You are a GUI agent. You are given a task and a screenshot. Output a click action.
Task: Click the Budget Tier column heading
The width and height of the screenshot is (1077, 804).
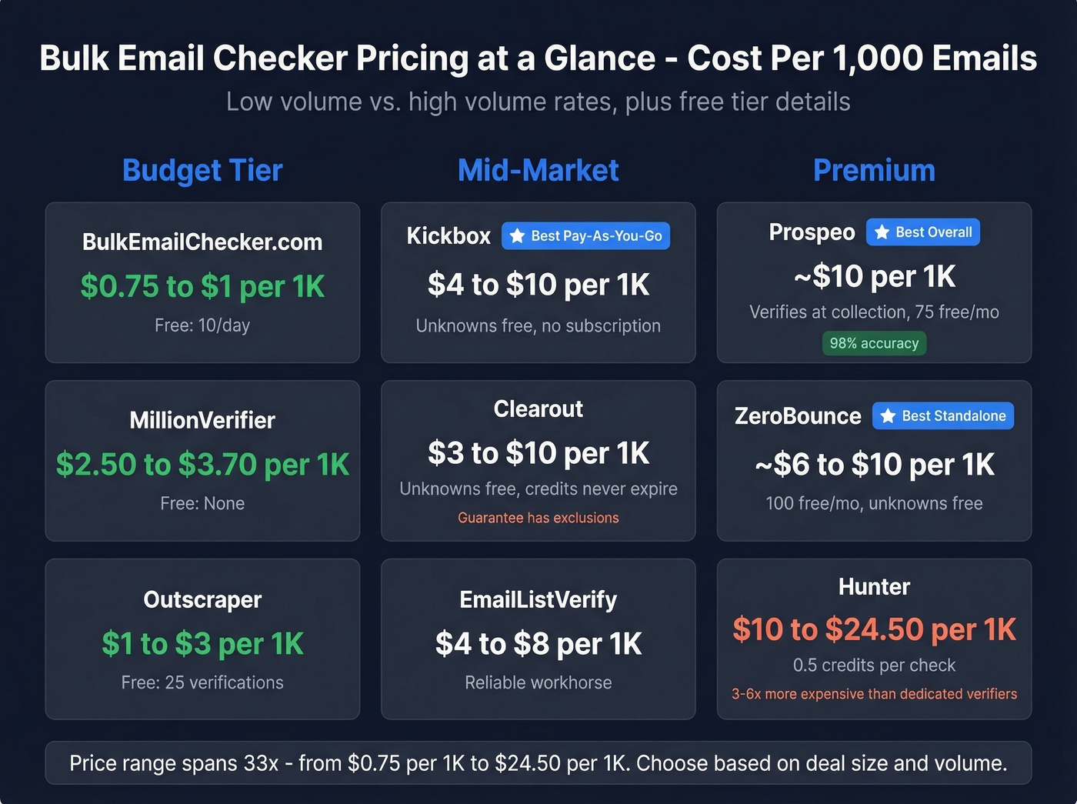pyautogui.click(x=202, y=170)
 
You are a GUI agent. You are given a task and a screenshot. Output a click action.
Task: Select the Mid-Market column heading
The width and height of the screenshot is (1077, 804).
pyautogui.click(x=538, y=170)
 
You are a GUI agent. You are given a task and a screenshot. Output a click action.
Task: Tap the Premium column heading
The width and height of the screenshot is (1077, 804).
pyautogui.click(x=874, y=170)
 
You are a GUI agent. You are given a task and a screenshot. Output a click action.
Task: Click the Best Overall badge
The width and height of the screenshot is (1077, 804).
pyautogui.click(x=923, y=232)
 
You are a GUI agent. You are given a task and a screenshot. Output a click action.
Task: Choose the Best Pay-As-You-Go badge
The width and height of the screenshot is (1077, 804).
pyautogui.click(x=586, y=236)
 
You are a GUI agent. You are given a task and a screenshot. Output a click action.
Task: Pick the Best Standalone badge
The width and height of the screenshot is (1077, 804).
pyautogui.click(x=943, y=416)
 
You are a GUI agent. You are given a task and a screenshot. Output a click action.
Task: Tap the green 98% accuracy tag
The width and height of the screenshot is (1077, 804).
pyautogui.click(x=874, y=343)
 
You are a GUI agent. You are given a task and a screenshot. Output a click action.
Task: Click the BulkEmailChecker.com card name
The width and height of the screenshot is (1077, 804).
pyautogui.click(x=202, y=242)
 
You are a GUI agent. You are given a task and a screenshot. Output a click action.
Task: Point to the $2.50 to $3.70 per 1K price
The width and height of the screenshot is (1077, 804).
pyautogui.click(x=202, y=465)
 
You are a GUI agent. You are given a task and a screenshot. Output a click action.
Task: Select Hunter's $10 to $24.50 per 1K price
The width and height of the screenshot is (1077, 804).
pyautogui.click(x=874, y=629)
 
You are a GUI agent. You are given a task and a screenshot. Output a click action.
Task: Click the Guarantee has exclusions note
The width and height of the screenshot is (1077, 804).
pyautogui.click(x=538, y=518)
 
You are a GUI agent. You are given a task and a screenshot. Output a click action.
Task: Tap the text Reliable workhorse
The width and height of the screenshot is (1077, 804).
pyautogui.click(x=538, y=682)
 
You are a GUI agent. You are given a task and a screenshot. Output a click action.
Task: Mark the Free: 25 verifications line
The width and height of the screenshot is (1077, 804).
pyautogui.click(x=202, y=682)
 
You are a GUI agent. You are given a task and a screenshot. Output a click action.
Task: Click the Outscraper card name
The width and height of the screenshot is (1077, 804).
pyautogui.click(x=202, y=599)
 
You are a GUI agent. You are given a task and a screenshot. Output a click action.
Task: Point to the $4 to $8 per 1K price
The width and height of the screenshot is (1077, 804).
pyautogui.click(x=538, y=644)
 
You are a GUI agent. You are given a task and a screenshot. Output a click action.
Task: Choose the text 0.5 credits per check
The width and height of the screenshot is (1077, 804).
pyautogui.click(x=874, y=665)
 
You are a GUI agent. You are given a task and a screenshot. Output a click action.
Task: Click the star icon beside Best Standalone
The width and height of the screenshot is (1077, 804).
pyautogui.click(x=888, y=416)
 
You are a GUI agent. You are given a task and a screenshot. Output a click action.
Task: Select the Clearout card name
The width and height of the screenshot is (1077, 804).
pyautogui.click(x=538, y=409)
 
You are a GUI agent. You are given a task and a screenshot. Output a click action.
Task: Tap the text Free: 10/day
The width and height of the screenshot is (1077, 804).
pyautogui.click(x=202, y=325)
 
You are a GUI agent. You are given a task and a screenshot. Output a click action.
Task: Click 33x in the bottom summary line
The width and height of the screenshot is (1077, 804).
pyautogui.click(x=261, y=763)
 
